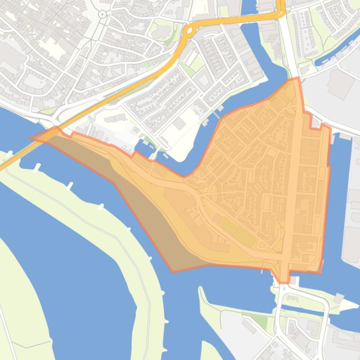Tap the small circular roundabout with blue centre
(x=103, y=14)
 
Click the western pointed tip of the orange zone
(x=31, y=138)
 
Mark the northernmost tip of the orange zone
(x=296, y=78)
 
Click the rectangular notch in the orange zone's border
(x=316, y=125)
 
